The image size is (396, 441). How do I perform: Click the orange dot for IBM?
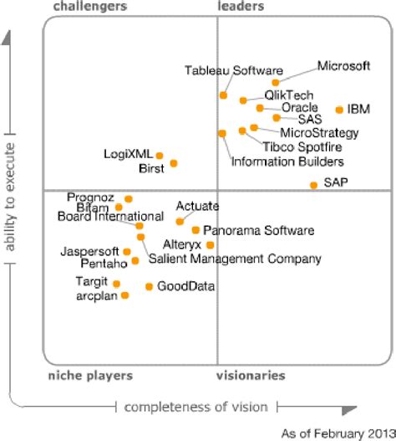pos(339,110)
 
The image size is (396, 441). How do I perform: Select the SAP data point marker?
pos(313,185)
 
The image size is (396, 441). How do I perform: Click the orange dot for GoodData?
pos(150,286)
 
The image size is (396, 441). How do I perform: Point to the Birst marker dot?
pos(174,164)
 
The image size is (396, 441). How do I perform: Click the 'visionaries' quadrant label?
pos(251,376)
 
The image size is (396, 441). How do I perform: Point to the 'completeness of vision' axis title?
pos(196,407)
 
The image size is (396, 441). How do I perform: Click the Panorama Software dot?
pos(195,229)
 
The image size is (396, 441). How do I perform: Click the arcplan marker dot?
pos(125,295)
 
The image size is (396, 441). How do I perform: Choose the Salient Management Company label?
pos(235,259)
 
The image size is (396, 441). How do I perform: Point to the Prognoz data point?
pos(129,199)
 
